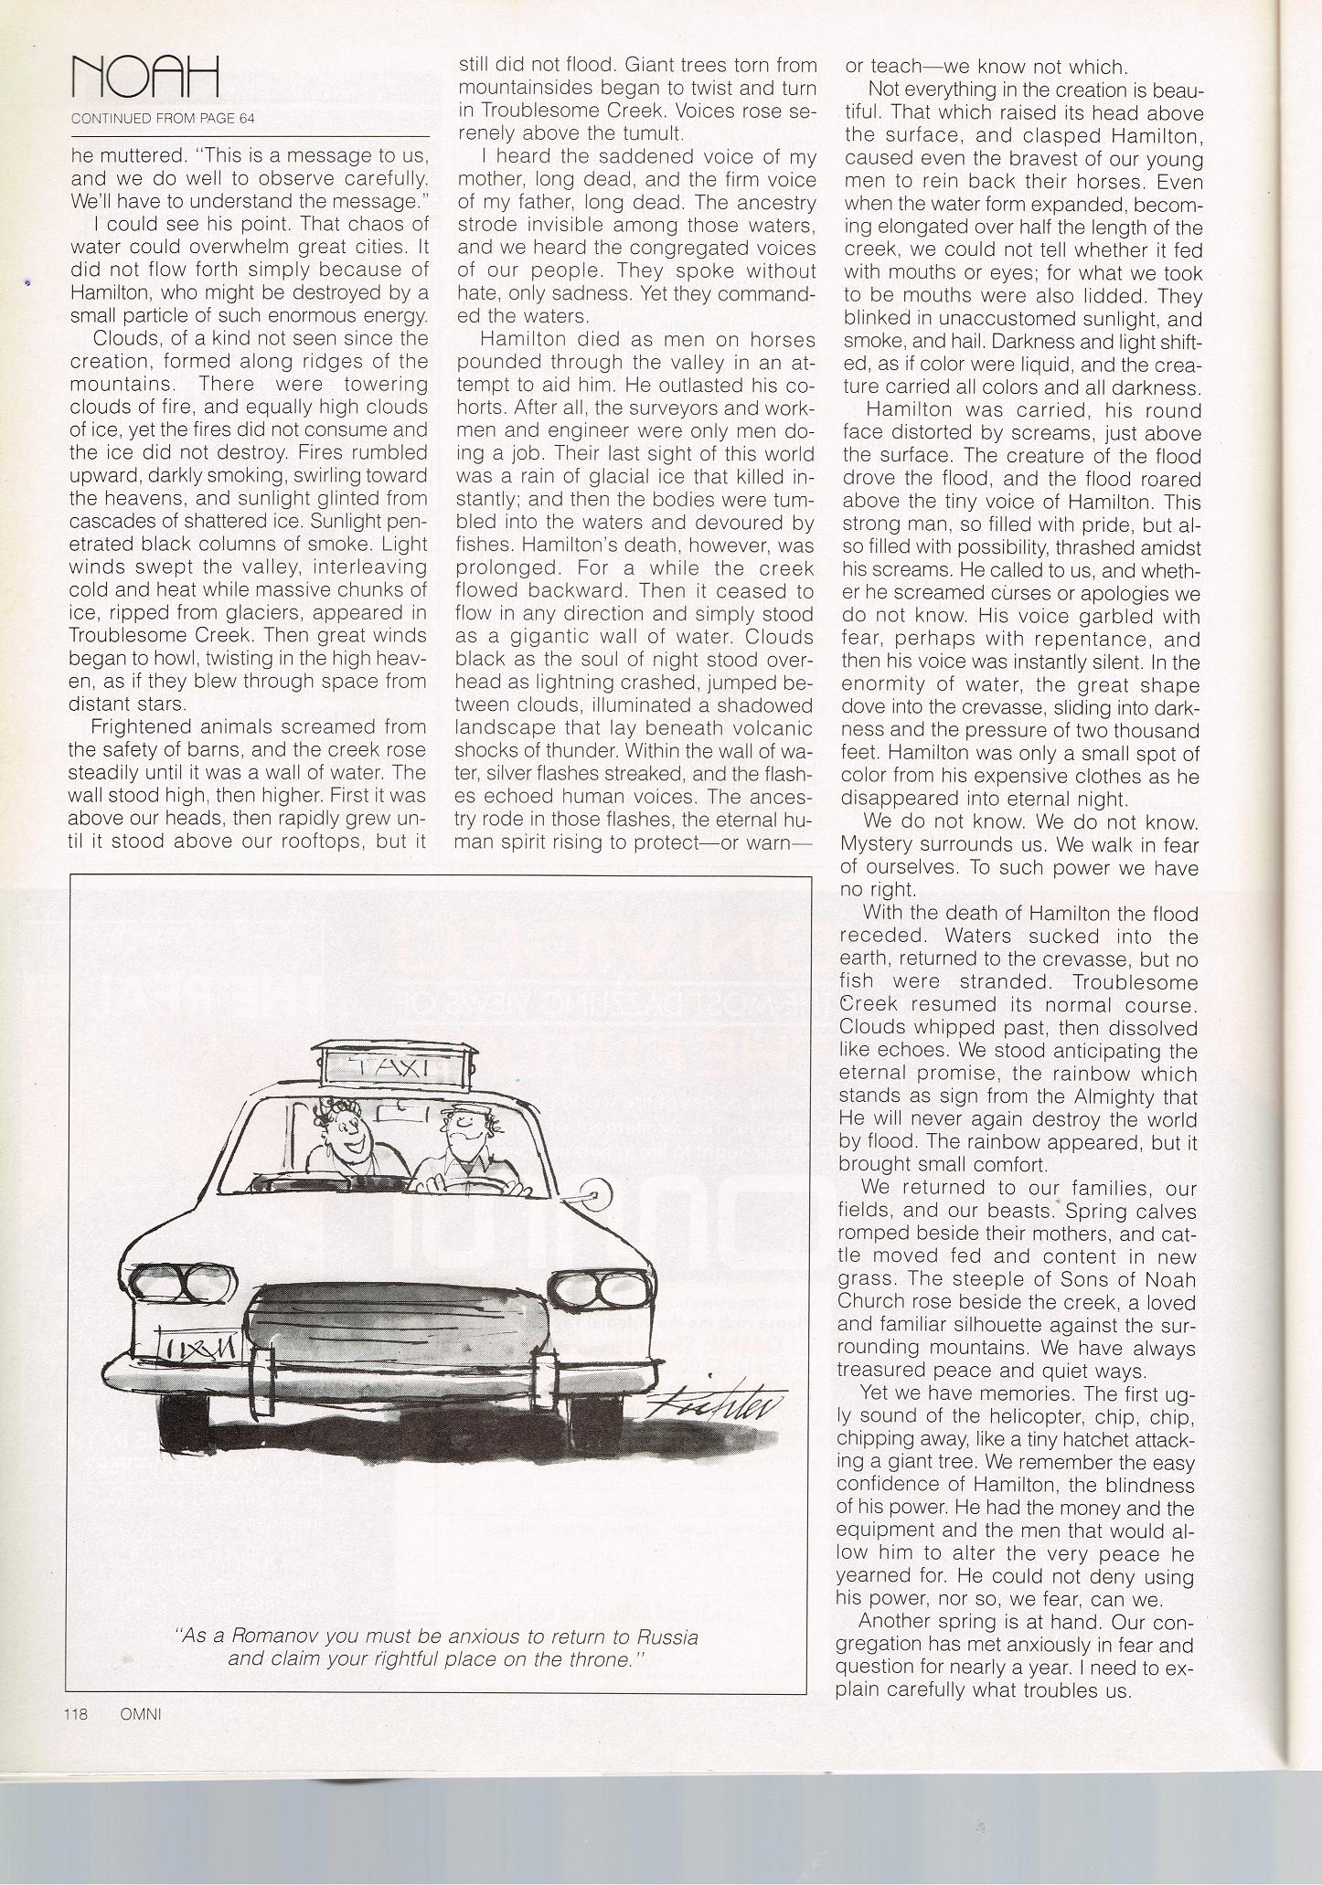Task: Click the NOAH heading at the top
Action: point(145,77)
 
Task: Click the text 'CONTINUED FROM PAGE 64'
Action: point(163,118)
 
